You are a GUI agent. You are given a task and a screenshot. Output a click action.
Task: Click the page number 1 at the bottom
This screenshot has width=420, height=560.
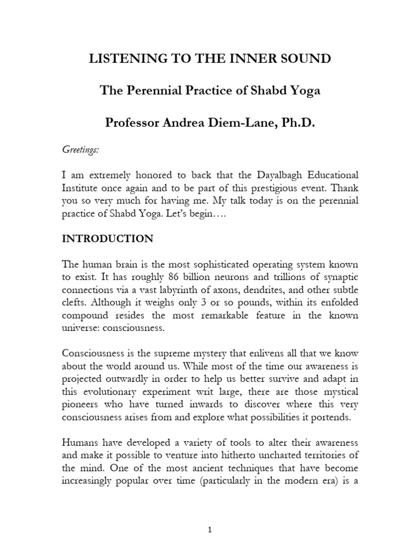(210, 530)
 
